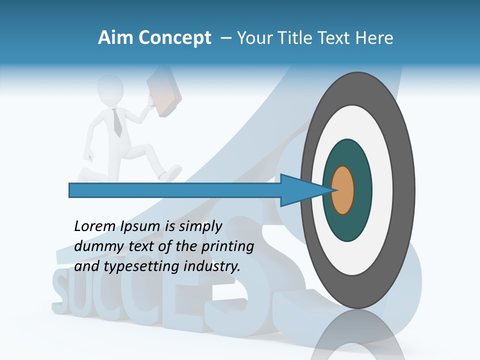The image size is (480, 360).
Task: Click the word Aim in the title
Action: point(115,38)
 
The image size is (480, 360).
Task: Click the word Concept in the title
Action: point(174,38)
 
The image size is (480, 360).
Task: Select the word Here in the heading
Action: point(374,38)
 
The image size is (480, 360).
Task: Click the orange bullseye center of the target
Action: point(342,190)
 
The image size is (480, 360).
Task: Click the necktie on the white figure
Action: point(117,122)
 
